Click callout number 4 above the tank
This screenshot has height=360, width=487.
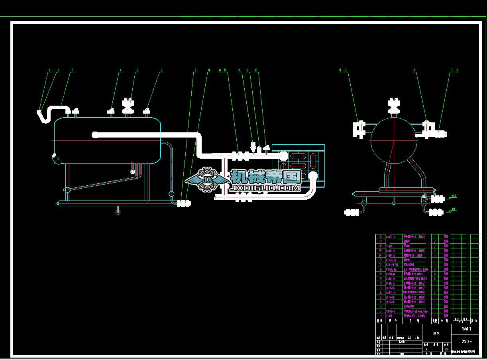click(x=121, y=71)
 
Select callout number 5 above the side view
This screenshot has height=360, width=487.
click(x=137, y=70)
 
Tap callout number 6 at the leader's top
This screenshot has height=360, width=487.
click(x=162, y=71)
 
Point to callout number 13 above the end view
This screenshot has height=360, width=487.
click(x=414, y=70)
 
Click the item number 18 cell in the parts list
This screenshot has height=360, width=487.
click(x=380, y=236)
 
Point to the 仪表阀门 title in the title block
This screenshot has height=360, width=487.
click(x=465, y=329)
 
